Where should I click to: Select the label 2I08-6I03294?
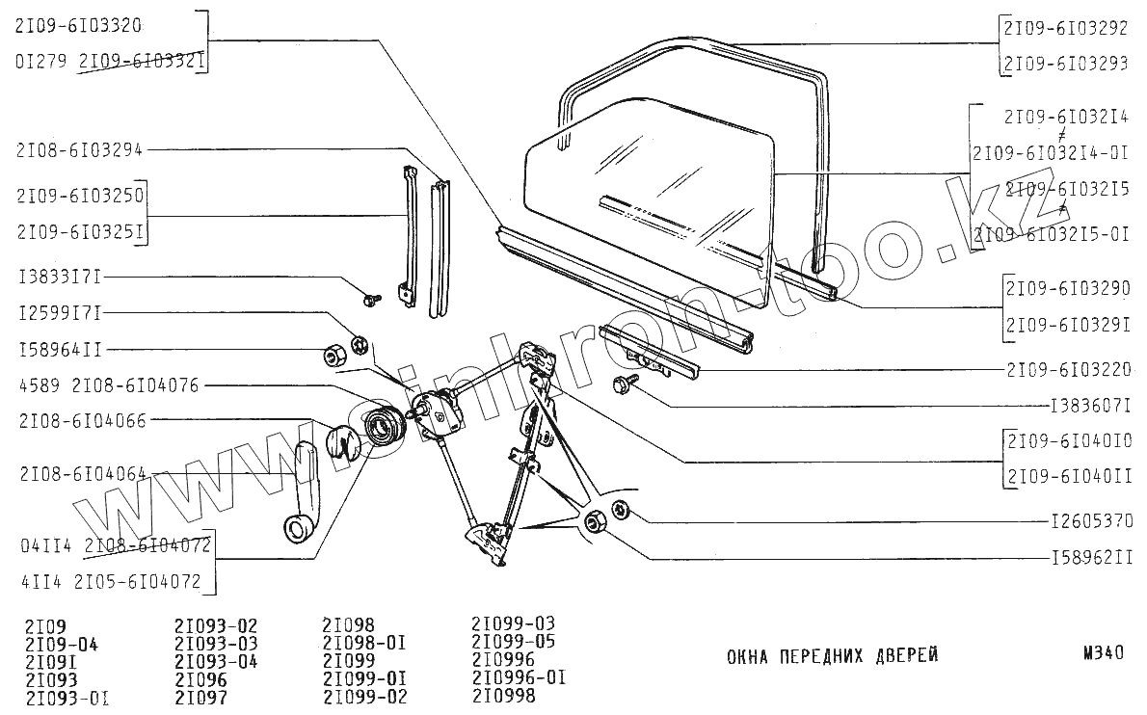tap(79, 149)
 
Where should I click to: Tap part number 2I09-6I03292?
tap(1065, 29)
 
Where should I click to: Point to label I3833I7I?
tap(59, 278)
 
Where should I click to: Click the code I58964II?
tap(59, 349)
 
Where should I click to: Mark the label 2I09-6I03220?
tap(1068, 368)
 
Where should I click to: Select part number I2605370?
tap(1091, 521)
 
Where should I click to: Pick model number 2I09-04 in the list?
tap(62, 645)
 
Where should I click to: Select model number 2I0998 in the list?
tap(503, 695)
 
